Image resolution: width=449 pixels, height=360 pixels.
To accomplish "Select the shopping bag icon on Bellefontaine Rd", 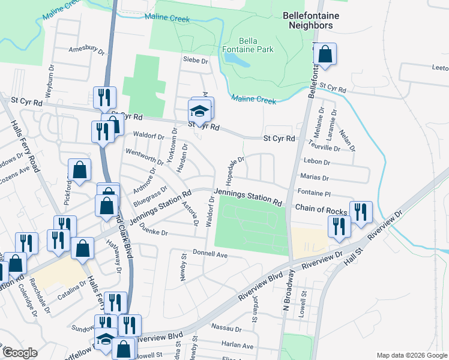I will [325, 55].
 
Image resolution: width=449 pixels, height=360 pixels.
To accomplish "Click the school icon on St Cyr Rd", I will [200, 110].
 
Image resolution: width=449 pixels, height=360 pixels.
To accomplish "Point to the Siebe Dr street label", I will [195, 61].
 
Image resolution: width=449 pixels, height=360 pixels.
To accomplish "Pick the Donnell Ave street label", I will [210, 255].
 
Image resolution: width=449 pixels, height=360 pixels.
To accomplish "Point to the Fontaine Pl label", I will [314, 193].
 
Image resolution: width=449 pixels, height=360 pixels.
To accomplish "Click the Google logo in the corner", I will [20, 353].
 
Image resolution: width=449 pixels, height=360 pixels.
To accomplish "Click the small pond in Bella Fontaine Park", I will [234, 59].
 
